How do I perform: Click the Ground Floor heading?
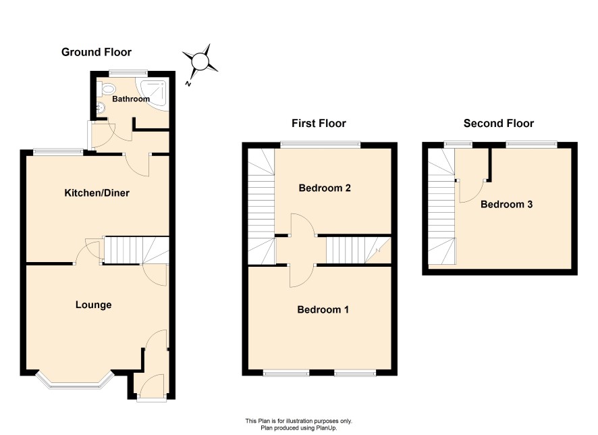coord(96,52)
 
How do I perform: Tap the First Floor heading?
coord(319,123)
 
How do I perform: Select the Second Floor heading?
coord(499,123)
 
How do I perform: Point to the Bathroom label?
coord(131,99)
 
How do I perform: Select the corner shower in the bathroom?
coord(155,95)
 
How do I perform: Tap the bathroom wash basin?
coord(101,108)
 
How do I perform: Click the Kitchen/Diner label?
coord(97,193)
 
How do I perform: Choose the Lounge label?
coord(93,305)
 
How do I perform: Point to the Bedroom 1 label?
coord(323,309)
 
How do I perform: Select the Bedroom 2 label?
coord(325,188)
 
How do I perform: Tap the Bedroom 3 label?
coord(506,204)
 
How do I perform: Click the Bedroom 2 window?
coord(321,145)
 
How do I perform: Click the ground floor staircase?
coord(136,250)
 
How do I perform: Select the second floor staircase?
coord(441,207)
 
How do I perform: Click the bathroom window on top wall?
coord(128,72)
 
